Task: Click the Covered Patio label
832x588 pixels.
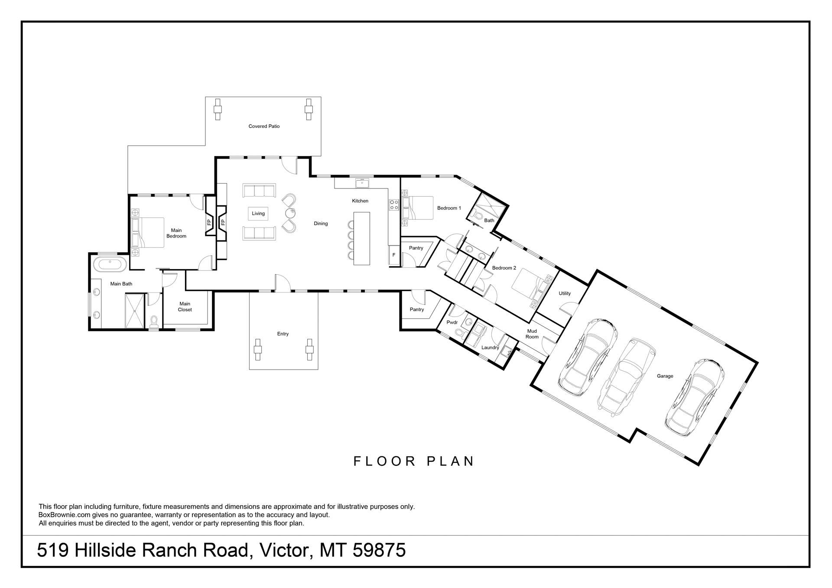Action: click(264, 127)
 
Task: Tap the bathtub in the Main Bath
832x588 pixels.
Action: click(110, 264)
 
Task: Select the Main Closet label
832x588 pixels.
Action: click(185, 307)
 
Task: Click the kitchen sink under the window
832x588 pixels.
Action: click(362, 183)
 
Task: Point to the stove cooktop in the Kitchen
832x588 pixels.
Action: click(394, 205)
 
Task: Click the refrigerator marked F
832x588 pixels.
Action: click(394, 255)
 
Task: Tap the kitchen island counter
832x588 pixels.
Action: click(362, 238)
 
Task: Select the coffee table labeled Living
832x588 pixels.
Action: click(258, 214)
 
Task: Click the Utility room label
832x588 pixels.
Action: click(565, 293)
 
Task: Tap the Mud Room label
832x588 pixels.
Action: click(532, 334)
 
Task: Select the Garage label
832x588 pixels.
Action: click(665, 376)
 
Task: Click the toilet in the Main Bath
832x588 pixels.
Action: click(154, 321)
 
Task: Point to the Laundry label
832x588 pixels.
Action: click(490, 348)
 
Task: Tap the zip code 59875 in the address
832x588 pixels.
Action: click(379, 550)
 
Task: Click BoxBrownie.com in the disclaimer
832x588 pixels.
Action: click(65, 515)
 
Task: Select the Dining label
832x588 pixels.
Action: click(321, 224)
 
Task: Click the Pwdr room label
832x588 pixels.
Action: click(452, 322)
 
